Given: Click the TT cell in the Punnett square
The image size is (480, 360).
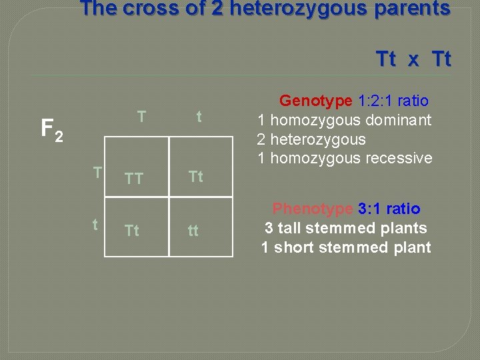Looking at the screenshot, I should [x=135, y=178].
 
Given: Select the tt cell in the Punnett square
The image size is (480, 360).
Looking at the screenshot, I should [x=193, y=231].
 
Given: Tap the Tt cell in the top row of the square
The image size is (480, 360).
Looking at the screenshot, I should [x=196, y=177].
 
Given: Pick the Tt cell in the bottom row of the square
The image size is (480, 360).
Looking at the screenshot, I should [x=132, y=231].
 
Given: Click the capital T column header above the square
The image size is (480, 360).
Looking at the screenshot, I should [x=141, y=117].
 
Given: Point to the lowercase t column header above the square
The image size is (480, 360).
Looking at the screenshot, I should [x=199, y=117].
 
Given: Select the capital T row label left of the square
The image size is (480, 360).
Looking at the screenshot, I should [x=97, y=173].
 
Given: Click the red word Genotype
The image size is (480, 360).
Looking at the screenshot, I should [x=315, y=101].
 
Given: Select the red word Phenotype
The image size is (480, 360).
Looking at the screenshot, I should [x=313, y=209].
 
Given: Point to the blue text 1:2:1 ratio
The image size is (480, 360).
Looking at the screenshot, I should [x=393, y=101].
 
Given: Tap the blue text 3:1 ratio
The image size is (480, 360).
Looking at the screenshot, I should [x=389, y=209].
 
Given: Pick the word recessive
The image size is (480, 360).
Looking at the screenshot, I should [x=399, y=158].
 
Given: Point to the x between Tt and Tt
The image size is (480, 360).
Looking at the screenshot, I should [x=413, y=60].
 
